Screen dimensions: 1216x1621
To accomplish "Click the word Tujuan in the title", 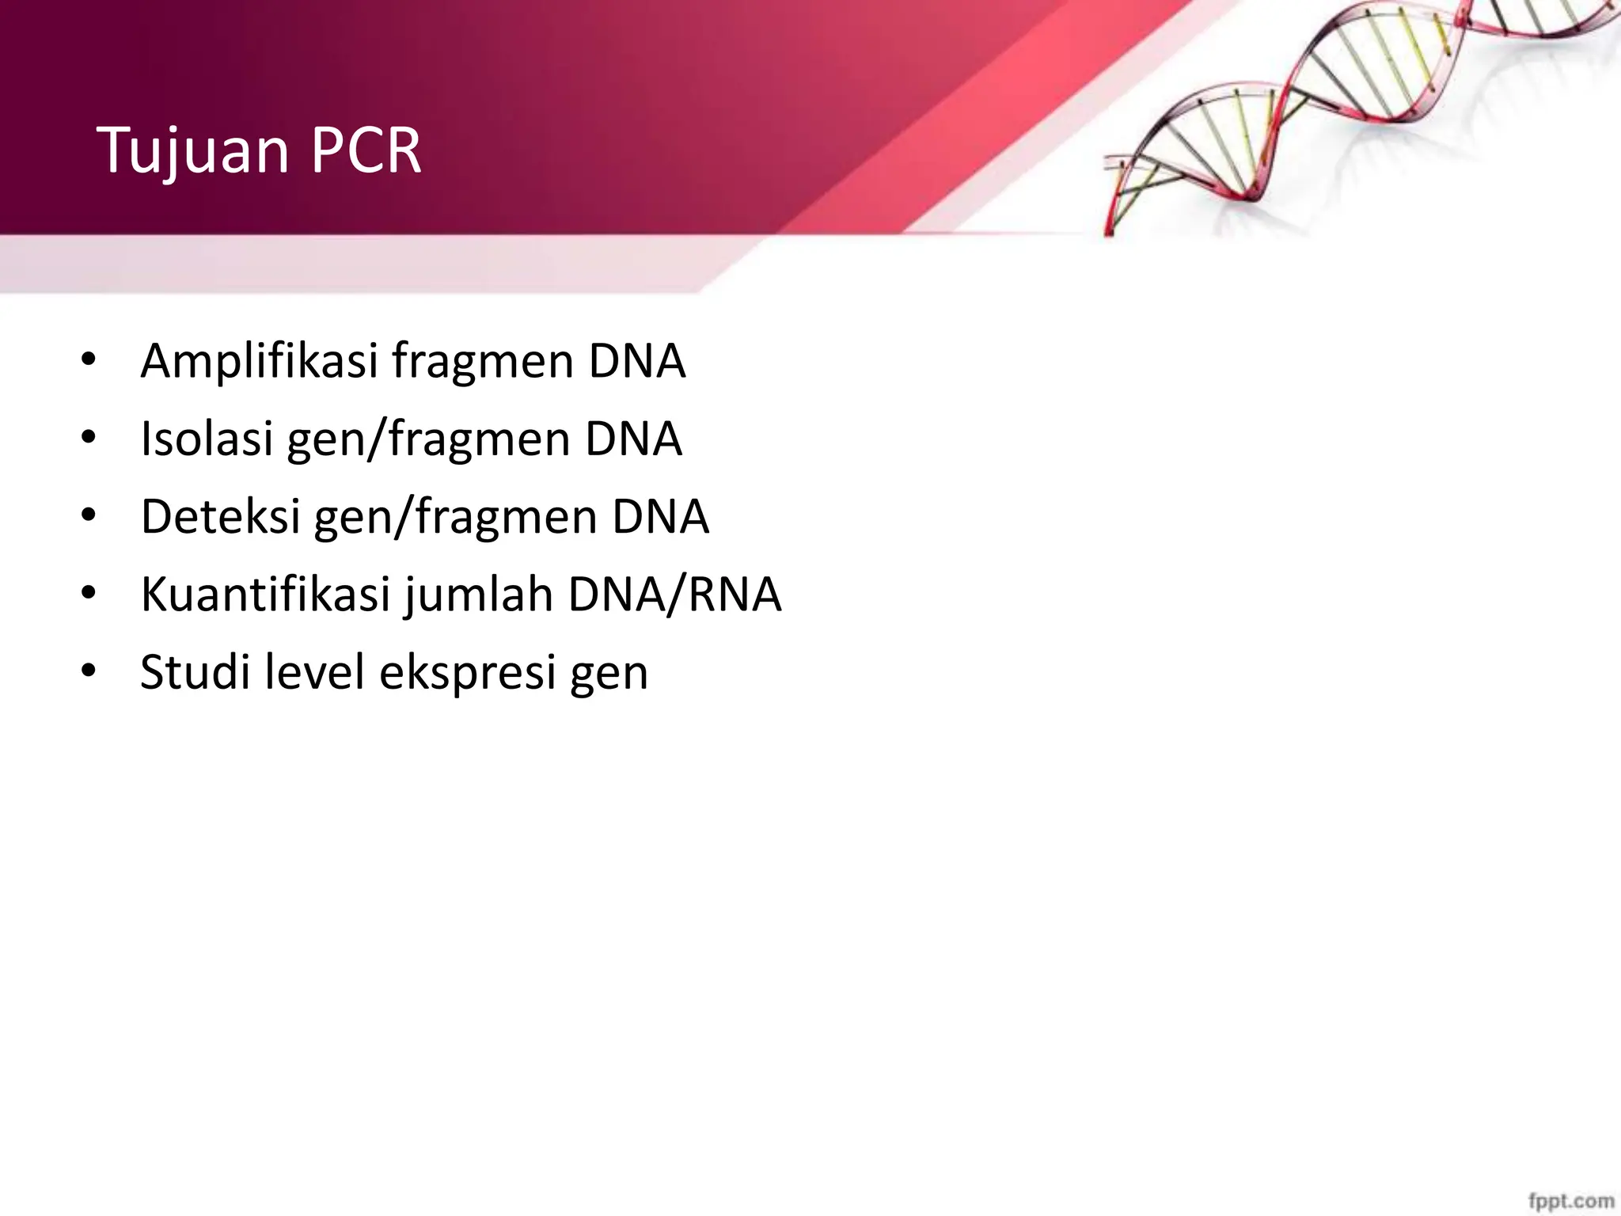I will pos(193,150).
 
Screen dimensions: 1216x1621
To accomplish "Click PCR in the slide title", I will pos(366,150).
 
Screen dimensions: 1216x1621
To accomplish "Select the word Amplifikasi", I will pos(259,361).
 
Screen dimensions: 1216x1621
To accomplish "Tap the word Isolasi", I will pos(207,439).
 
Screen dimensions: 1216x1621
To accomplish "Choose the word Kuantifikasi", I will pos(265,594).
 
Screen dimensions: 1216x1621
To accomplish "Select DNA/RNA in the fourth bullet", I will pos(674,594).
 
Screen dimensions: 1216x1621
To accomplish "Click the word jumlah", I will pos(478,594).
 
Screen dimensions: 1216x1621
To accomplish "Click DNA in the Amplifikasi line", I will pos(636,361).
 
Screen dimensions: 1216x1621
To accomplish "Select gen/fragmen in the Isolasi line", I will pos(428,439).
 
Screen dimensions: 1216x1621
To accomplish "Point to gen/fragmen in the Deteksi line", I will pos(455,516).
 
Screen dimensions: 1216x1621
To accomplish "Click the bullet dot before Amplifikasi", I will pos(88,361).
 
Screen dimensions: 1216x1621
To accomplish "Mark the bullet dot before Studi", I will pos(88,671).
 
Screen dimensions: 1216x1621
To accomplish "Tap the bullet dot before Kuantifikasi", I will pos(88,594).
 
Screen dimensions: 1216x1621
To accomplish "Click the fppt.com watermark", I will pos(1570,1200).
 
